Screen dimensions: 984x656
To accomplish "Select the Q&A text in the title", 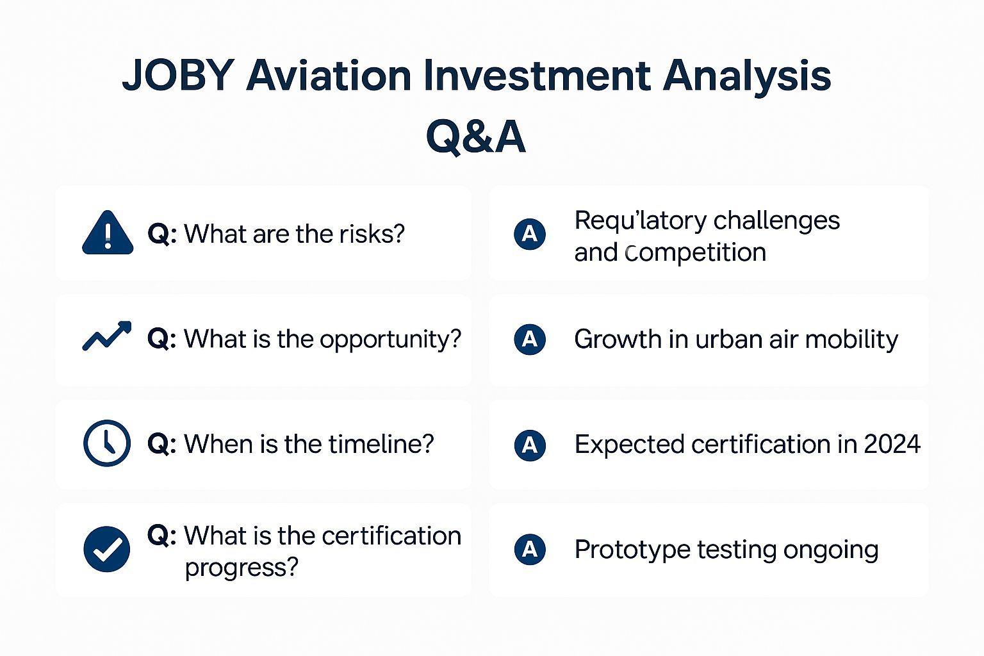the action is click(x=476, y=136).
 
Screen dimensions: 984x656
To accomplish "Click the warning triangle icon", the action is click(x=108, y=233).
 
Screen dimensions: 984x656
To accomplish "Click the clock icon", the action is click(x=107, y=443).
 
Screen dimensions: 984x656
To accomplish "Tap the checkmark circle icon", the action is click(x=107, y=549).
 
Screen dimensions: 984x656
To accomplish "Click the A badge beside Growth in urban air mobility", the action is click(x=530, y=339).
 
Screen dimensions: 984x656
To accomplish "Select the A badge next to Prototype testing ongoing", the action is click(x=530, y=549).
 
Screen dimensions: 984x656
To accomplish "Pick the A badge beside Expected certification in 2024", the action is click(x=530, y=445).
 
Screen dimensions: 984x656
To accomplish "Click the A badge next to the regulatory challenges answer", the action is click(x=530, y=234).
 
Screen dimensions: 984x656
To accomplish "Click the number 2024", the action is click(x=892, y=444).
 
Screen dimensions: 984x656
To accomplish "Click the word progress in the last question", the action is click(x=241, y=568).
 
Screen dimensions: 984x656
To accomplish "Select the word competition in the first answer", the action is click(x=695, y=253).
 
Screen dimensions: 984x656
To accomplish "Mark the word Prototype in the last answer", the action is click(x=632, y=550).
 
